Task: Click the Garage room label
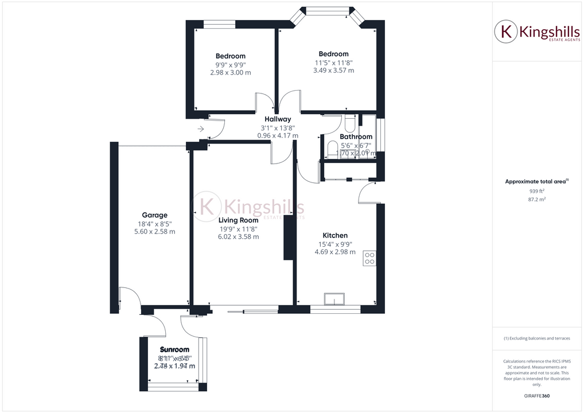click(x=155, y=215)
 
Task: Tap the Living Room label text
click(x=238, y=220)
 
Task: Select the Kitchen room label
click(x=335, y=235)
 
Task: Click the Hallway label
click(x=278, y=119)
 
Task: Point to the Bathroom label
click(x=356, y=137)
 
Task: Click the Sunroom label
click(x=174, y=349)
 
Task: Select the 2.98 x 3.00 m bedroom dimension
click(x=230, y=73)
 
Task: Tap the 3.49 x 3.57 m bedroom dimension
click(x=333, y=71)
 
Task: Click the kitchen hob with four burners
click(x=369, y=259)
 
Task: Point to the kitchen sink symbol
click(x=334, y=299)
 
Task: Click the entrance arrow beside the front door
click(x=200, y=129)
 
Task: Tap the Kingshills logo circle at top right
click(x=506, y=32)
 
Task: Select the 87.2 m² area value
click(x=536, y=199)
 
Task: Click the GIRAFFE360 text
click(x=536, y=396)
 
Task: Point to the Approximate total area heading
click(x=536, y=181)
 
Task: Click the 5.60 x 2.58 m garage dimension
click(x=155, y=232)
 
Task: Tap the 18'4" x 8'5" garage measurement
click(x=155, y=224)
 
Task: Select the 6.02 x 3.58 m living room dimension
click(x=238, y=236)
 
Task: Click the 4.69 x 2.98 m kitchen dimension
click(x=335, y=252)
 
